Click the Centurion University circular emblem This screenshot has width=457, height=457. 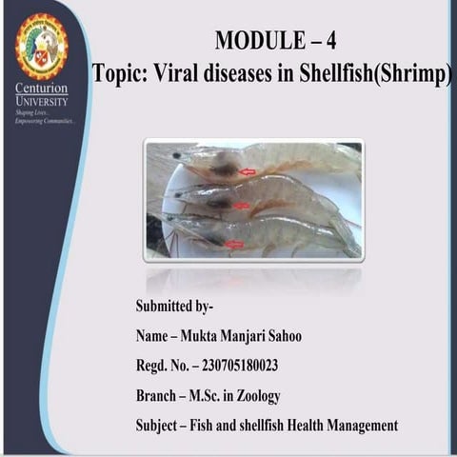click(41, 46)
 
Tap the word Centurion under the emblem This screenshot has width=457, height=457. click(41, 89)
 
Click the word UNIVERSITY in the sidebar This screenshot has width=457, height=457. click(42, 101)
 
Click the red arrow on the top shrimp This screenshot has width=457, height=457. click(248, 172)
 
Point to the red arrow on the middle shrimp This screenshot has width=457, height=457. click(242, 206)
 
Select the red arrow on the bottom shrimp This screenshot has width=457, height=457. click(233, 245)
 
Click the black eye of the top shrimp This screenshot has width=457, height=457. click(177, 155)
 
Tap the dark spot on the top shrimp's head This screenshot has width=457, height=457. click(223, 169)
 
